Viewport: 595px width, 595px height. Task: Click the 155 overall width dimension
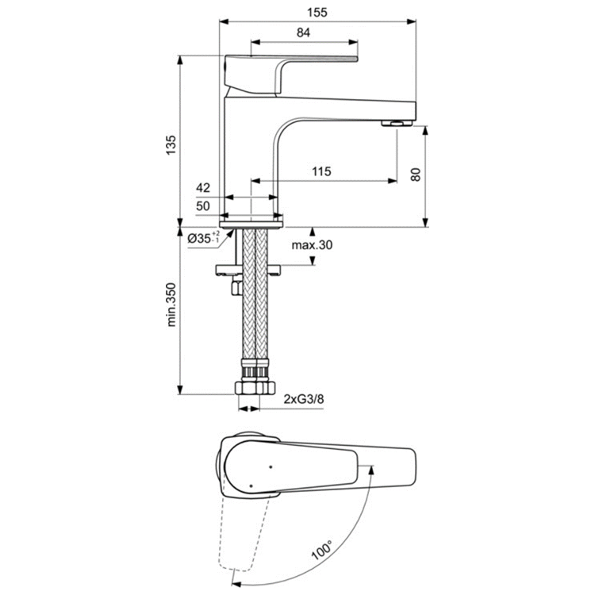coord(319,12)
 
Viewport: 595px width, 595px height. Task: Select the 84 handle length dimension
coord(303,33)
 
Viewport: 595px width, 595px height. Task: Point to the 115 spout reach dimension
coord(321,171)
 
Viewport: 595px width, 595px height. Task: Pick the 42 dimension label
coord(202,188)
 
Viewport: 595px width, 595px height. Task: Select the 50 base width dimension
coord(202,205)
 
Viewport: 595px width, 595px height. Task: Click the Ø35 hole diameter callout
coord(203,238)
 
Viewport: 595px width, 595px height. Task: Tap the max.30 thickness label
coord(311,245)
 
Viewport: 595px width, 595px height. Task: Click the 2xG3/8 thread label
coord(304,400)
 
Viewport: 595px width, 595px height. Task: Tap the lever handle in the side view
coord(294,63)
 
